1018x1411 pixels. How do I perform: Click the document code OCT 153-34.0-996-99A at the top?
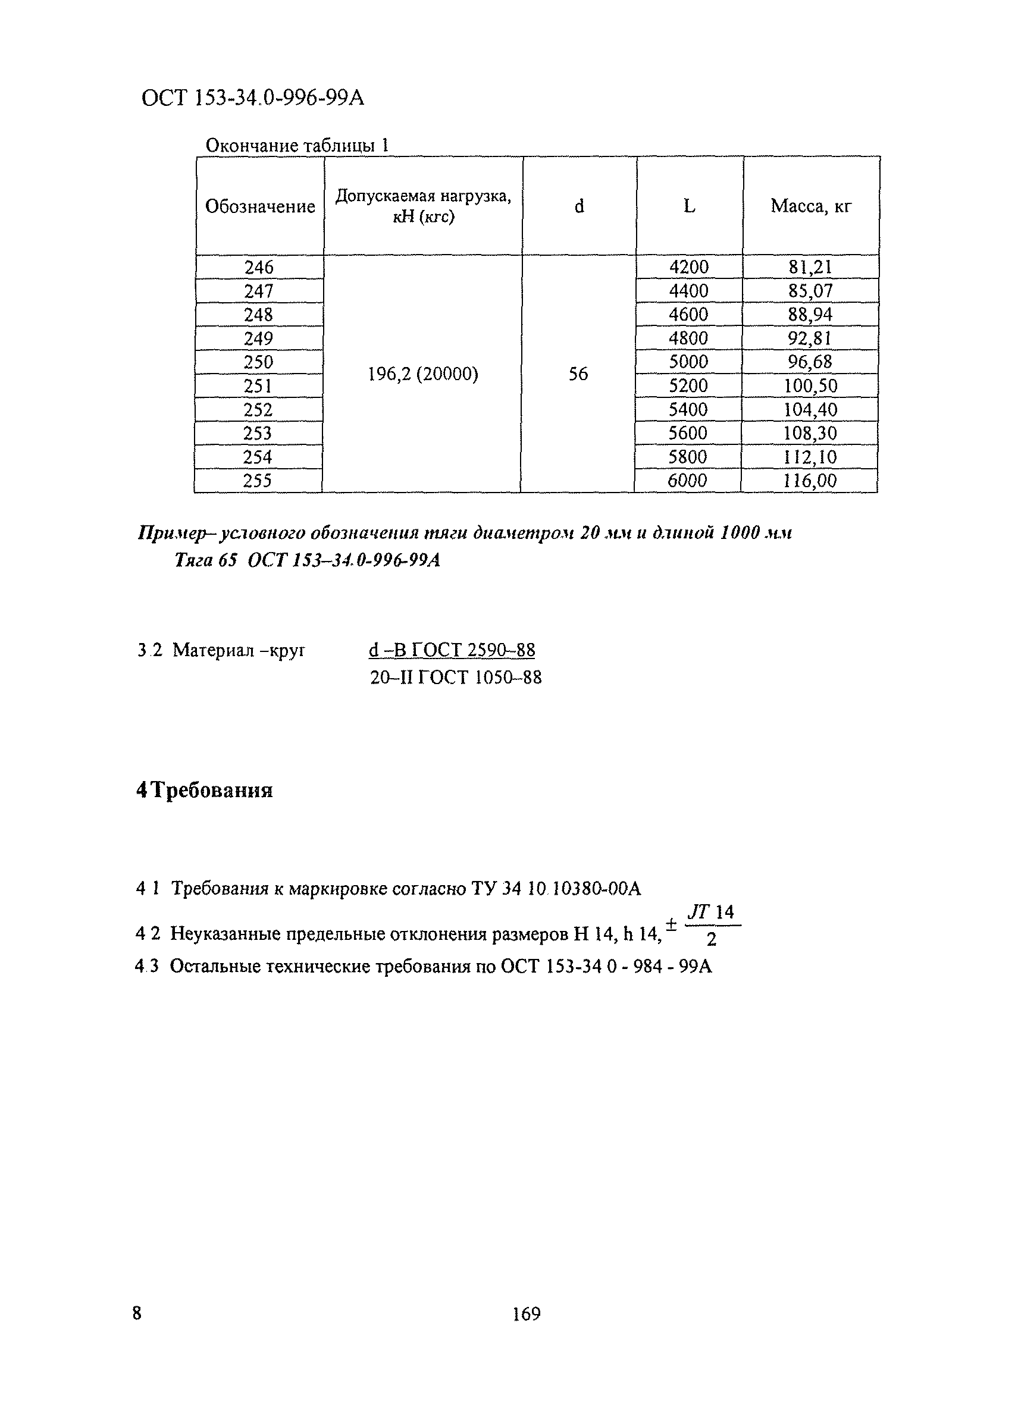[x=253, y=98]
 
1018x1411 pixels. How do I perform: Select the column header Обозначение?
[x=260, y=206]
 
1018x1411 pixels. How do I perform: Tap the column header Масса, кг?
[x=811, y=206]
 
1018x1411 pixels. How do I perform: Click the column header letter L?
[x=690, y=206]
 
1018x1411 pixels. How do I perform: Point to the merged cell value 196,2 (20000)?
[x=423, y=374]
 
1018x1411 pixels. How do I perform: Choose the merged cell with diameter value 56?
[x=578, y=374]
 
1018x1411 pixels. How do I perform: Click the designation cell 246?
[x=259, y=268]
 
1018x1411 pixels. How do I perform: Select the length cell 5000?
[x=688, y=362]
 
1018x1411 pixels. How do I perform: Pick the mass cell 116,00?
[x=810, y=480]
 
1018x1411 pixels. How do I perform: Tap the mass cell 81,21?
[x=810, y=268]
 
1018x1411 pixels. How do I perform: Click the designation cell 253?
[x=258, y=433]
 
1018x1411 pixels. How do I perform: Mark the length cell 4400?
[x=688, y=290]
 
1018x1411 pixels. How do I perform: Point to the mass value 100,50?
[x=810, y=385]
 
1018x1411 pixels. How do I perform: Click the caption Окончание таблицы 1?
[x=297, y=146]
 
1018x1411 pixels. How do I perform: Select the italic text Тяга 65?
[x=205, y=560]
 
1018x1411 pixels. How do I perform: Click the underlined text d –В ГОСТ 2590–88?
[x=452, y=650]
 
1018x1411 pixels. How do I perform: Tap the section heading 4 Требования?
[x=205, y=791]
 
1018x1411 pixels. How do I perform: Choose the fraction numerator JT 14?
[x=711, y=913]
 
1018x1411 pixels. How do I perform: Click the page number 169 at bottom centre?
[x=527, y=1314]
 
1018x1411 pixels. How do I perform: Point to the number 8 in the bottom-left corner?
[x=137, y=1313]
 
